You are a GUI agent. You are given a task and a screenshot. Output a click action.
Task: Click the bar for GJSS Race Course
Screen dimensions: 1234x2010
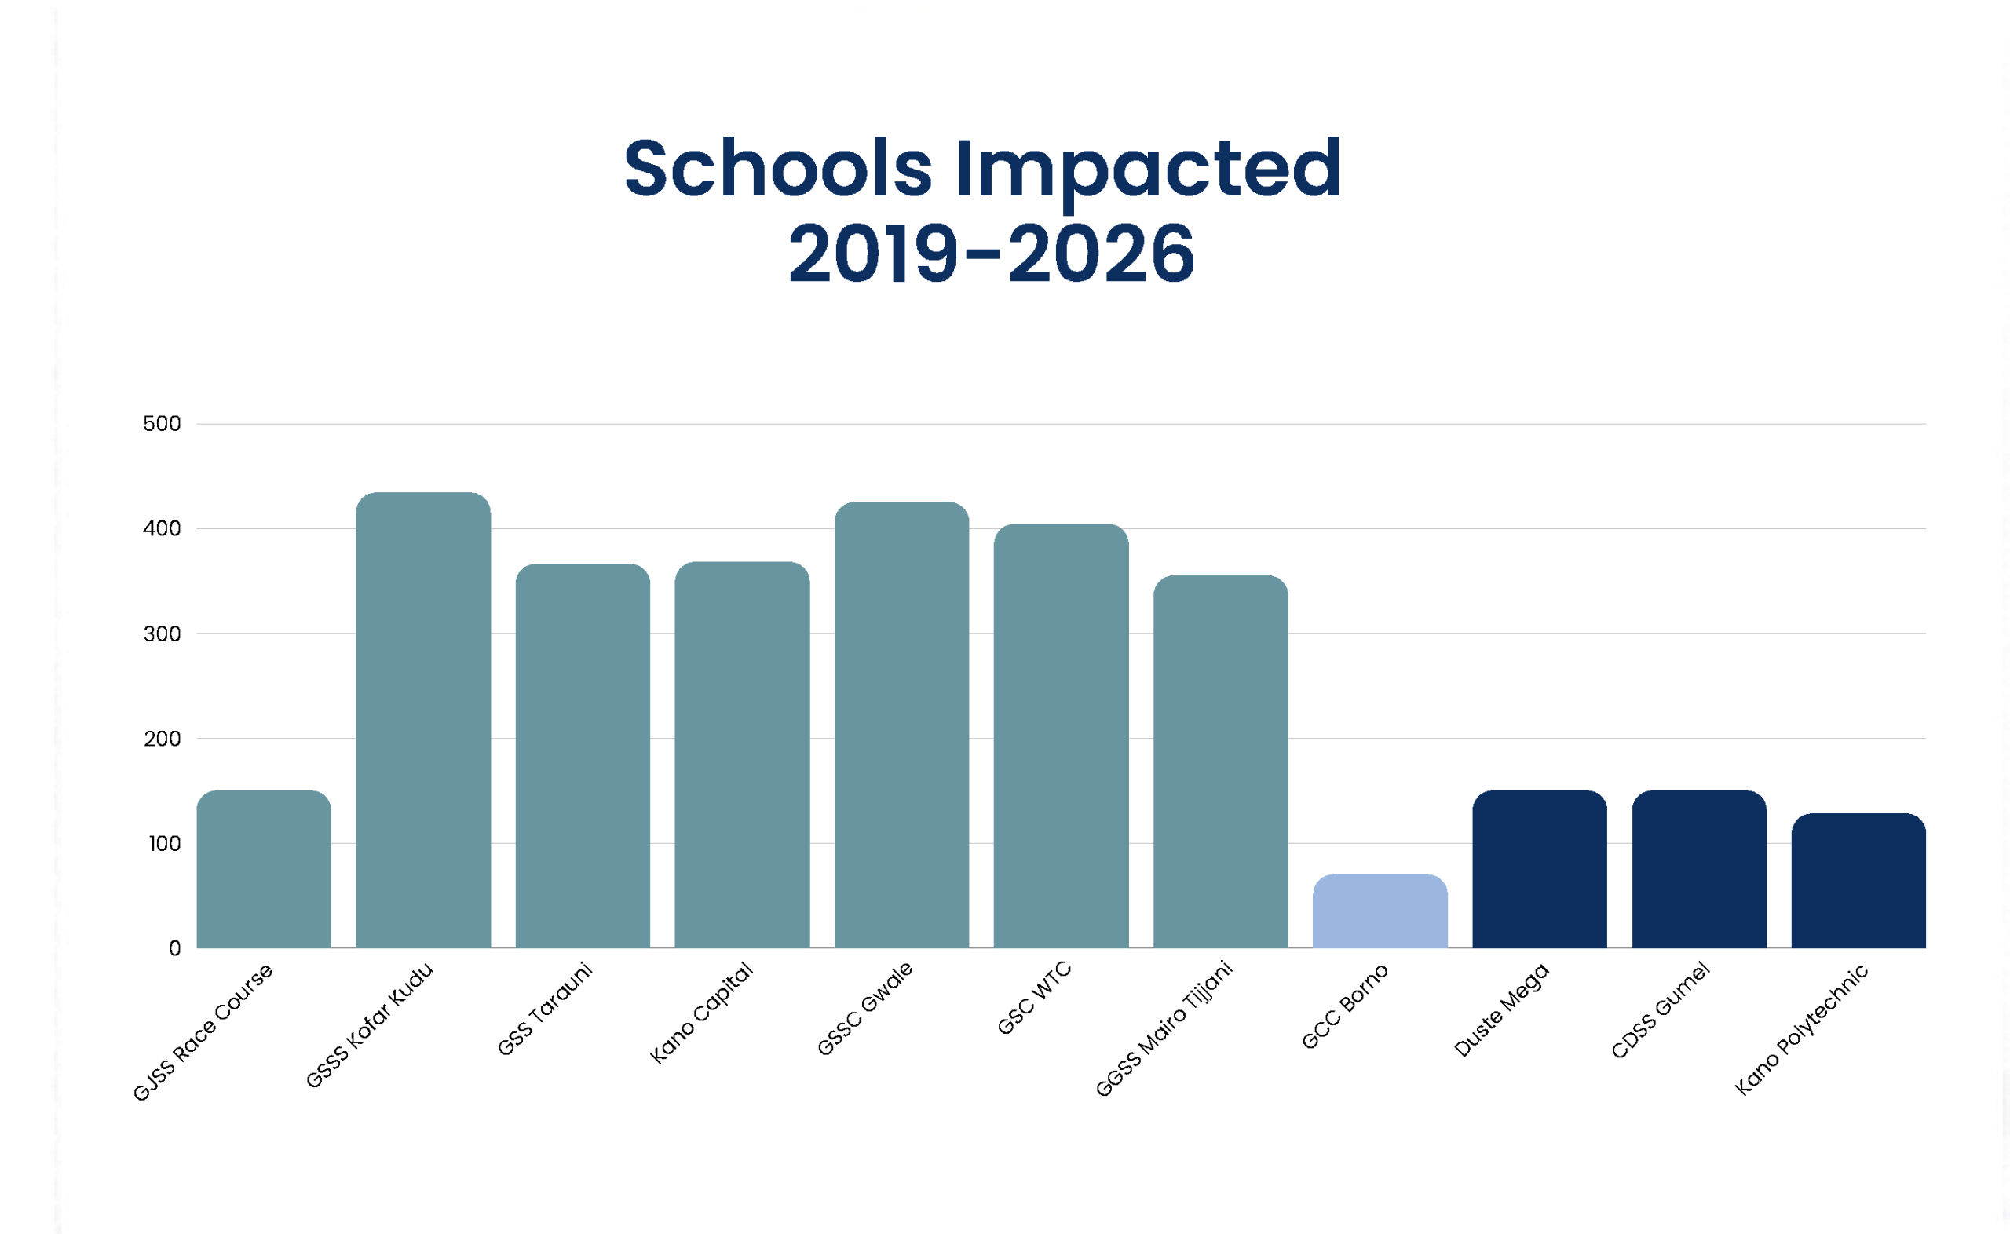[x=264, y=869]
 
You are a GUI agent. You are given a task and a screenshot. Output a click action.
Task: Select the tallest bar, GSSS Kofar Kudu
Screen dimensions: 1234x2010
[x=422, y=720]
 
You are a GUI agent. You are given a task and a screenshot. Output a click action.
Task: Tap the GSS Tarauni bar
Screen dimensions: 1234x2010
[x=583, y=756]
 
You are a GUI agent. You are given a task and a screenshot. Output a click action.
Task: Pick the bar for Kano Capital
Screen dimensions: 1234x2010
[x=742, y=755]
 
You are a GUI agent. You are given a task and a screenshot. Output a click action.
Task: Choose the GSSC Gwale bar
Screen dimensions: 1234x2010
[x=902, y=725]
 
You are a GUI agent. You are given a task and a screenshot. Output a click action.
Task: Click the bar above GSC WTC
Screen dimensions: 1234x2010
[x=1061, y=736]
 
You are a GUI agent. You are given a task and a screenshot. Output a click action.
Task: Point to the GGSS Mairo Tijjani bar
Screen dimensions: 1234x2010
[x=1220, y=761]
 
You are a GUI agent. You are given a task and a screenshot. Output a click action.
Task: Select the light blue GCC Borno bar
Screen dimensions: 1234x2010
[x=1380, y=911]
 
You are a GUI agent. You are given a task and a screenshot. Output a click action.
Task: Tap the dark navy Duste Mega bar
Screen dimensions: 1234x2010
[x=1539, y=869]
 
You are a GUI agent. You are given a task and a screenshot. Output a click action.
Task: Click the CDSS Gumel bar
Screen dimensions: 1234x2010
[x=1699, y=869]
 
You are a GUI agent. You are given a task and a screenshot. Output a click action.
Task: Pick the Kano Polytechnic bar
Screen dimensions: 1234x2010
[x=1858, y=881]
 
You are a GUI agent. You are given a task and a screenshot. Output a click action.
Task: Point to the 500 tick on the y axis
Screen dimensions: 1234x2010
[x=162, y=424]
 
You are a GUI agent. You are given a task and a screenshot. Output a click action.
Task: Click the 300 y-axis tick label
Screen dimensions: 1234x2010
[x=162, y=634]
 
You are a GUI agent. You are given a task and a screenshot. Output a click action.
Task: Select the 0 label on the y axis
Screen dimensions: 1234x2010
[x=174, y=948]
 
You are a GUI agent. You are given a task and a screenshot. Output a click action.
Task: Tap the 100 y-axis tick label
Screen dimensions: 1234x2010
[x=164, y=844]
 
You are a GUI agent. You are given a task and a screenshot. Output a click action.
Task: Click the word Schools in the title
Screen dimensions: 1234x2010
[x=778, y=168]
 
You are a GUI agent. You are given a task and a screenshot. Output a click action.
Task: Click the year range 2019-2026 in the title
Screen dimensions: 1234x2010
[x=991, y=254]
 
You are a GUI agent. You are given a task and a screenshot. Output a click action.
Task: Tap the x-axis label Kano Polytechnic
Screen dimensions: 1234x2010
[x=1801, y=1030]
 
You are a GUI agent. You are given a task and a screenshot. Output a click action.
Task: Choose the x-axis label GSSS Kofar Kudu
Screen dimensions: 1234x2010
[x=370, y=1025]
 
